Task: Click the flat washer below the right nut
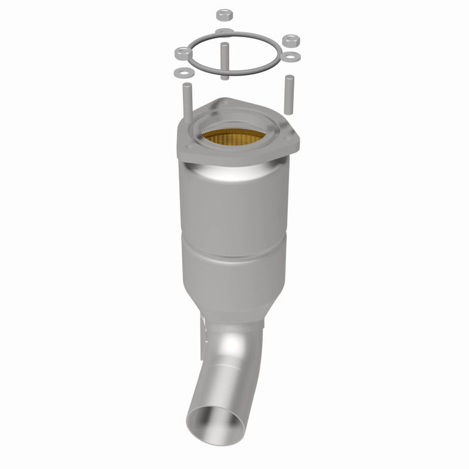click(x=290, y=56)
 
